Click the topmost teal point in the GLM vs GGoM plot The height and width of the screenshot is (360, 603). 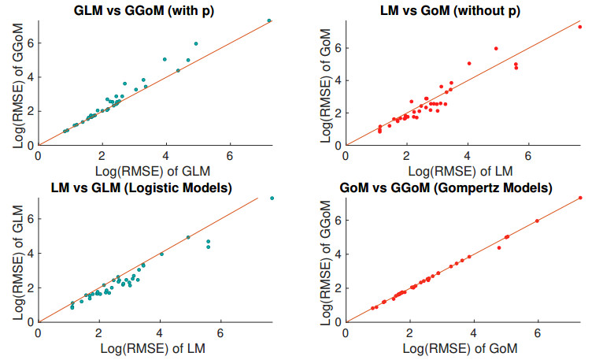pos(269,20)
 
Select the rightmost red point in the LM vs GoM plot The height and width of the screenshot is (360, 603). pos(580,27)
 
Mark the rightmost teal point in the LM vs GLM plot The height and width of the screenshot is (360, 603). pos(272,198)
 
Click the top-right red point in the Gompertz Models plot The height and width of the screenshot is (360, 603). pos(580,198)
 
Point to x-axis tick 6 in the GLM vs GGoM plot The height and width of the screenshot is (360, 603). pos(230,155)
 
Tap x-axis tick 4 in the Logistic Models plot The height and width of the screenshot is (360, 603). pos(160,332)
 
